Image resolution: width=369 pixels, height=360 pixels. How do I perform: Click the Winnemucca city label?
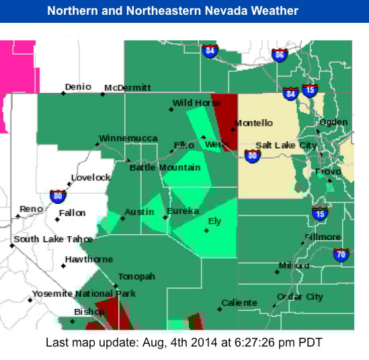[128, 139]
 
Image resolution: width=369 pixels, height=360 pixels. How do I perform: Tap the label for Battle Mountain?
[165, 168]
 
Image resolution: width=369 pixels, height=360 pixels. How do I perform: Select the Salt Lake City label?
[286, 145]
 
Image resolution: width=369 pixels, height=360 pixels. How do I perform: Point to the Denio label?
[78, 87]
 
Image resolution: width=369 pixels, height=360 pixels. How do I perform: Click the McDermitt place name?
[128, 87]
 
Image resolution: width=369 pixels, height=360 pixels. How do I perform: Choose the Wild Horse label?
[197, 103]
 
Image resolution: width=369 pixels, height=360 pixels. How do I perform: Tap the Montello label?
[253, 123]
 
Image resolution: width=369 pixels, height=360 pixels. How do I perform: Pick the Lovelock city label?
[91, 178]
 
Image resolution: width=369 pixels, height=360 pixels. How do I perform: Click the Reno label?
[31, 209]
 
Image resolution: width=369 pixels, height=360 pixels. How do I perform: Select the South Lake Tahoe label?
[54, 239]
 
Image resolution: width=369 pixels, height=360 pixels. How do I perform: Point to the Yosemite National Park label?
[84, 293]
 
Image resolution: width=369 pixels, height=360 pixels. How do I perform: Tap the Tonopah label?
[136, 277]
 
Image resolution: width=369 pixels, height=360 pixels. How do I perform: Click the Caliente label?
[239, 303]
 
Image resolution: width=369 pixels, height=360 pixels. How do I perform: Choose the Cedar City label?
[300, 297]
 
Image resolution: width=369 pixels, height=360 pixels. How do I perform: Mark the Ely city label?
[215, 221]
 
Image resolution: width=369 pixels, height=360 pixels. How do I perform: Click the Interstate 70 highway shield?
[341, 254]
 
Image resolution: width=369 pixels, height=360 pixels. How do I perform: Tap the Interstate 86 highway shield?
[279, 55]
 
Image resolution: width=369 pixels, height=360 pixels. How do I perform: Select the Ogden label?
[333, 122]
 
